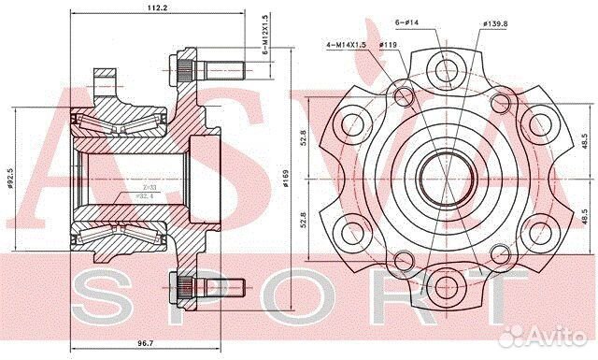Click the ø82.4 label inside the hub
[x=133, y=198]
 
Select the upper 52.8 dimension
[x=303, y=139]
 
